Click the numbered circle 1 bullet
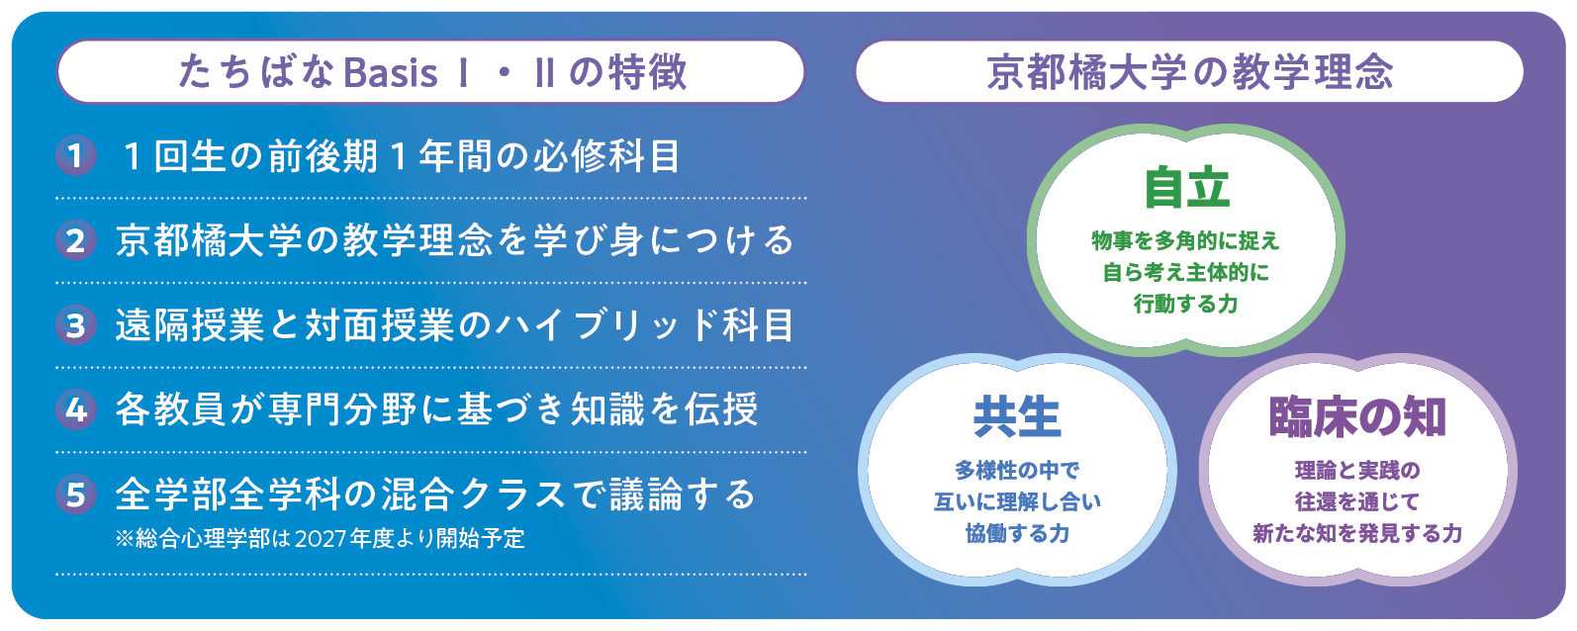[x=76, y=155]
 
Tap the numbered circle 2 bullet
[x=76, y=240]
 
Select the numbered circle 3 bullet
[x=76, y=325]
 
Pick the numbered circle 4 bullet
[x=76, y=409]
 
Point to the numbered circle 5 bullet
[x=76, y=495]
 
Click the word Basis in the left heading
[x=391, y=72]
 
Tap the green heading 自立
[x=1187, y=188]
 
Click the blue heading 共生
[x=1017, y=417]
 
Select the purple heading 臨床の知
[x=1357, y=417]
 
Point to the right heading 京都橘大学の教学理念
[x=1189, y=72]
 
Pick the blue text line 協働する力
[x=1017, y=533]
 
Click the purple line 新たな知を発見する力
[x=1357, y=533]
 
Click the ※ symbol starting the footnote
[x=125, y=539]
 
